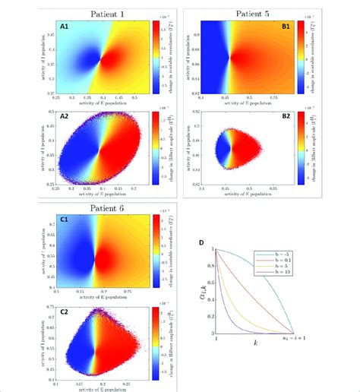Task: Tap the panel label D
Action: coord(199,245)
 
